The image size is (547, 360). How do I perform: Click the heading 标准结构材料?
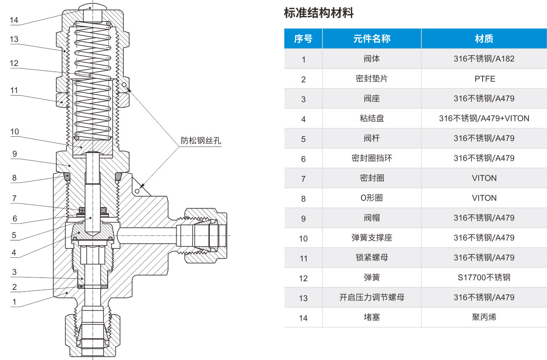point(319,13)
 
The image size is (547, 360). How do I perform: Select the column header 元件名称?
point(372,39)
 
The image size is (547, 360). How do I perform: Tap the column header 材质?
point(484,39)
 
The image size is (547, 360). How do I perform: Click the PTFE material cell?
point(485,79)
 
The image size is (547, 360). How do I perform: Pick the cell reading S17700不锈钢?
point(484,277)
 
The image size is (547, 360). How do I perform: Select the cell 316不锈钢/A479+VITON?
point(484,118)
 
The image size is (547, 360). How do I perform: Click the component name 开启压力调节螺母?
point(372,297)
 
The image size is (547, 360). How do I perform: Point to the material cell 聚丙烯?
point(484,317)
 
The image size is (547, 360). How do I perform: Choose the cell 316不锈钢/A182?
point(484,59)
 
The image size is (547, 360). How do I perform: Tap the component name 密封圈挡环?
point(372,158)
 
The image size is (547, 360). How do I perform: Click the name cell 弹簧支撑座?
point(372,237)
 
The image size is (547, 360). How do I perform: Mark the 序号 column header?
point(303,39)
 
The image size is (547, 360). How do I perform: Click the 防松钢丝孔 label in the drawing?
point(201,141)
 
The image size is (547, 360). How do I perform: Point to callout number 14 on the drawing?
point(14,20)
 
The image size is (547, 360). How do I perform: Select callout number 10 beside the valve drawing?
point(14,132)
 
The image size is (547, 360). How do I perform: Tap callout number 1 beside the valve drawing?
point(14,302)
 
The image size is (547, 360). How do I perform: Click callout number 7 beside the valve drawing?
point(14,198)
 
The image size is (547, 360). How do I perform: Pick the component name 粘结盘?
point(372,118)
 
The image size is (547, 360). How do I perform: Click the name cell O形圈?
point(372,198)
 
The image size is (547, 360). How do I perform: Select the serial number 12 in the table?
point(303,278)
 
